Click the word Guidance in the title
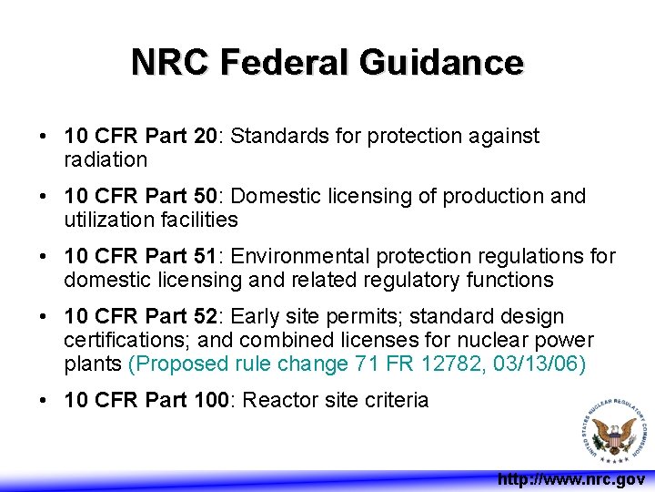441,63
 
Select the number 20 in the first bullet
205,137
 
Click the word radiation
106,159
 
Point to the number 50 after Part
205,197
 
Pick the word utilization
106,220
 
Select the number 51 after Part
205,257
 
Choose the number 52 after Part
205,317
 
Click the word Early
255,317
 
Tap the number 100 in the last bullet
210,400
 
